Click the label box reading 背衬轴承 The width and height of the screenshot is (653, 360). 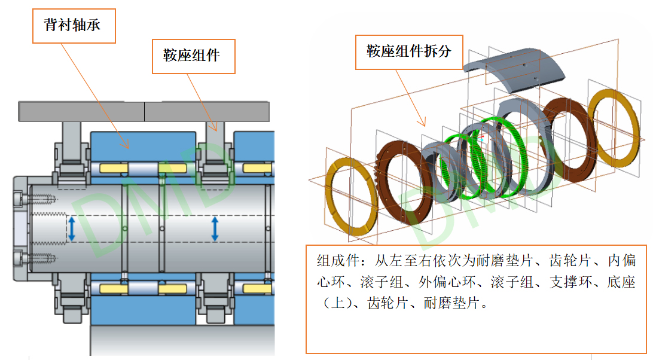pos(74,25)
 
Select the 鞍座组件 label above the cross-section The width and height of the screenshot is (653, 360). pos(191,56)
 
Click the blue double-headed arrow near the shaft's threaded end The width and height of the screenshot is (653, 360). pos(72,229)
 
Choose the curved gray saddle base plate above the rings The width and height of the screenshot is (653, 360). pos(515,66)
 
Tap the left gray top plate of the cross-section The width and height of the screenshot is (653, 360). pos(81,111)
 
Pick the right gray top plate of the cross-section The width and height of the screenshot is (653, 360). pos(206,111)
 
